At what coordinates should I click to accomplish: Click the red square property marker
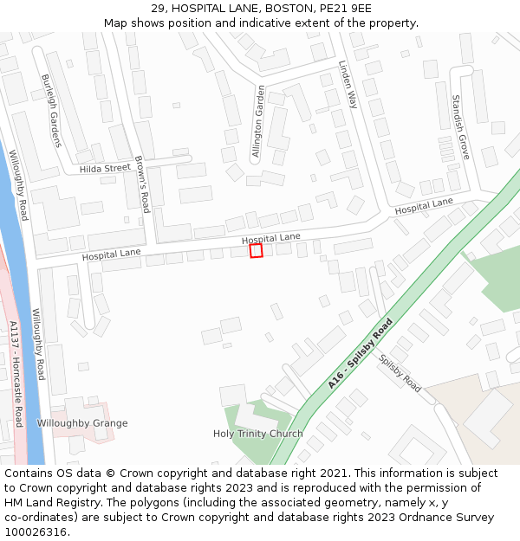tap(256, 250)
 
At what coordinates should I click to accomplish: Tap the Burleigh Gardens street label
tap(51, 111)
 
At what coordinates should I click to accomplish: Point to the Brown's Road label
tap(142, 184)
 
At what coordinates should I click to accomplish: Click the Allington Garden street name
tap(258, 121)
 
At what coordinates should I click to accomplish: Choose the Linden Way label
tap(348, 84)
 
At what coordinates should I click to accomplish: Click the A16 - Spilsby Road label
tap(361, 353)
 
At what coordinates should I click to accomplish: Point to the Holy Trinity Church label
tap(258, 434)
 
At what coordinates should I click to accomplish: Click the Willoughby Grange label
tap(82, 423)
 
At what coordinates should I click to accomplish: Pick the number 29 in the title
tap(158, 9)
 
